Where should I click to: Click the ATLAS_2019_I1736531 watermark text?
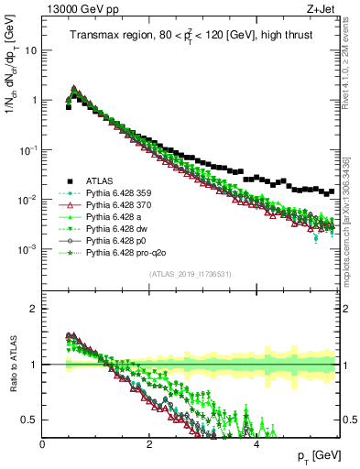click(x=191, y=275)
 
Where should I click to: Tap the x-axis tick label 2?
click(x=149, y=443)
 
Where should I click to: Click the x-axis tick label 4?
click(x=256, y=443)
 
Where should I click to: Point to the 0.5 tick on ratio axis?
click(x=30, y=420)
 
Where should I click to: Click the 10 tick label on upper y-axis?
click(x=30, y=50)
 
